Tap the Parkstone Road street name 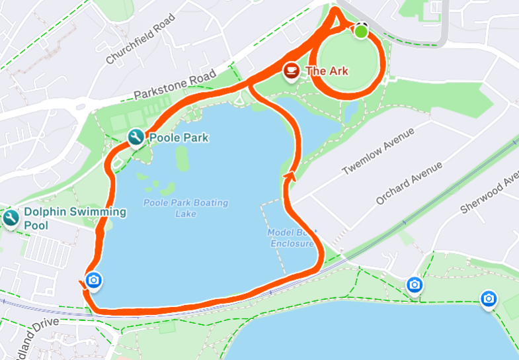pyautogui.click(x=175, y=84)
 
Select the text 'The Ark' pyautogui.click(x=327, y=71)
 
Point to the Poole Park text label pyautogui.click(x=179, y=138)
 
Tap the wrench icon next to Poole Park pyautogui.click(x=136, y=138)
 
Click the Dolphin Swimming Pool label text pyautogui.click(x=75, y=218)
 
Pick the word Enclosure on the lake pyautogui.click(x=292, y=244)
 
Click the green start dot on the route pyautogui.click(x=361, y=31)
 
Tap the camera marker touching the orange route pyautogui.click(x=93, y=281)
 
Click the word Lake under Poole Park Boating pyautogui.click(x=186, y=213)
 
